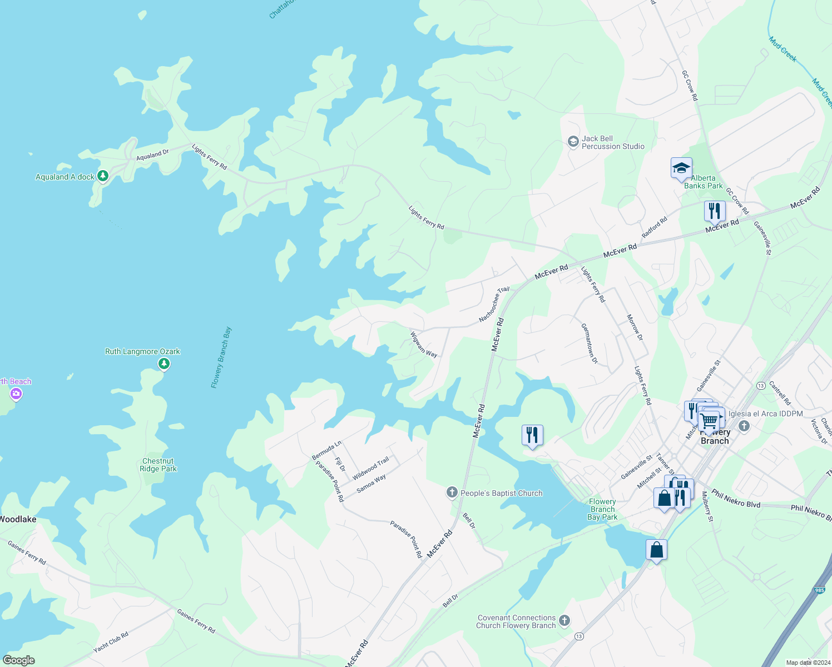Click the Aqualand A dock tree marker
click(x=102, y=176)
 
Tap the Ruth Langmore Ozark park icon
click(x=164, y=364)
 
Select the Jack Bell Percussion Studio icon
click(x=573, y=142)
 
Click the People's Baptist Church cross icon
click(x=452, y=492)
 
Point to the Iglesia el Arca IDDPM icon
click(x=745, y=426)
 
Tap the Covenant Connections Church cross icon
click(x=564, y=620)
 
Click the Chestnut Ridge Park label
click(x=158, y=465)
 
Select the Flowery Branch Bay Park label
click(x=603, y=509)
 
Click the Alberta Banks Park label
click(x=704, y=182)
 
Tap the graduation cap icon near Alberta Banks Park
click(x=681, y=168)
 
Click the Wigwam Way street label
click(x=423, y=345)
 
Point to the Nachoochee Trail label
click(x=494, y=305)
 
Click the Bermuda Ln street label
click(x=326, y=450)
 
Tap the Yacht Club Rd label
click(x=111, y=642)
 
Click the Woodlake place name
click(x=18, y=519)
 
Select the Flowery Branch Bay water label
click(x=221, y=357)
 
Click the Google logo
click(x=18, y=660)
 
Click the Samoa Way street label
click(x=371, y=484)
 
